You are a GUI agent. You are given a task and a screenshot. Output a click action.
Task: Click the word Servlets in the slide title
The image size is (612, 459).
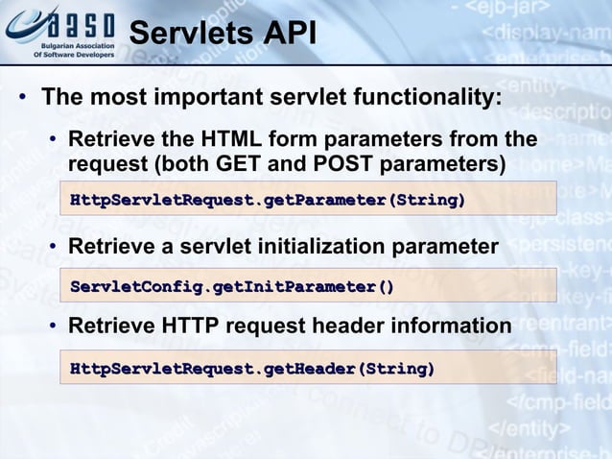[183, 33]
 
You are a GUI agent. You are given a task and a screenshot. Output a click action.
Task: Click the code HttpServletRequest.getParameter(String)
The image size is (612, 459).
[268, 200]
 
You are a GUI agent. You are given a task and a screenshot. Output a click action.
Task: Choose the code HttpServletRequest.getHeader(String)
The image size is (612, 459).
[252, 368]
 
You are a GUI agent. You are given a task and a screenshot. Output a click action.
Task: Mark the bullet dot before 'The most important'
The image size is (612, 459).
[19, 99]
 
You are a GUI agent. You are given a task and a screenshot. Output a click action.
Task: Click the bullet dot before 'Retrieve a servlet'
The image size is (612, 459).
[56, 248]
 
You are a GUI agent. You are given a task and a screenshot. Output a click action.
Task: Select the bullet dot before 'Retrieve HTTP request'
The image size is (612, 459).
[56, 327]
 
